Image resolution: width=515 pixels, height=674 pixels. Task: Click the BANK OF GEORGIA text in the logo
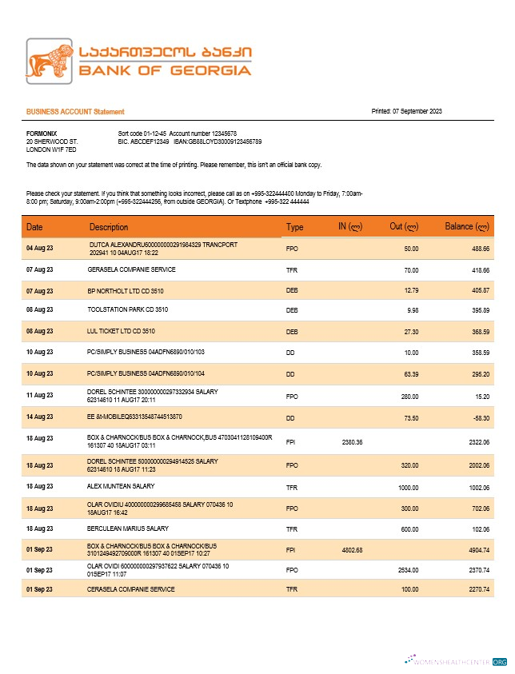click(165, 70)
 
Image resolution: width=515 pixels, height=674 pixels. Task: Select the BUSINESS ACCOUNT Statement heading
click(75, 112)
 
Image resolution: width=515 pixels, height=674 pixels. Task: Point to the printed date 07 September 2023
click(417, 111)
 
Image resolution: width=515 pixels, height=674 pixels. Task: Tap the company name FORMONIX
click(42, 133)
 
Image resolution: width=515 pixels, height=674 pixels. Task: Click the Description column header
click(109, 227)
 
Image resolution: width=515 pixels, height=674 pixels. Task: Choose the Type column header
click(295, 227)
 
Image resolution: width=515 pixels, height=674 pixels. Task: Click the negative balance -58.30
click(480, 417)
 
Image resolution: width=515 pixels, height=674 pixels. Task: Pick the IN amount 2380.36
click(352, 441)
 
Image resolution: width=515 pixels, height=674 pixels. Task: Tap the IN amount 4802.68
click(352, 549)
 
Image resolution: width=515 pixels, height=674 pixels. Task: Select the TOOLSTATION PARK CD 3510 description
click(128, 309)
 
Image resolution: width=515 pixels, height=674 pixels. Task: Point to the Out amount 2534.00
click(408, 570)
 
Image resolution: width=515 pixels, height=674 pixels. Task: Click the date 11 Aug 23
click(39, 395)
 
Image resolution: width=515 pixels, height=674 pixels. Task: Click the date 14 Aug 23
click(39, 417)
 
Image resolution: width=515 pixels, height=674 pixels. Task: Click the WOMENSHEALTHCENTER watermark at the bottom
click(457, 662)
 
